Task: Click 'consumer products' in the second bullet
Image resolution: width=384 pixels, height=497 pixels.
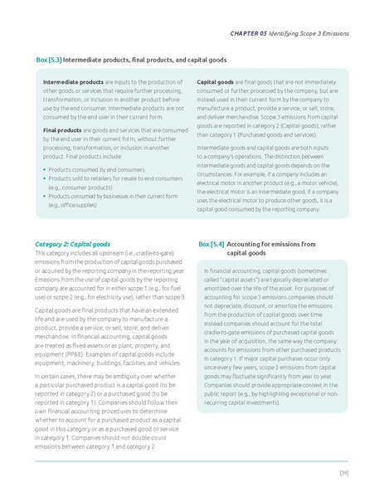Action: tap(81, 187)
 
